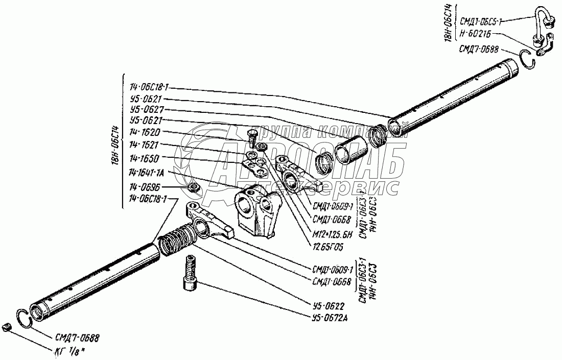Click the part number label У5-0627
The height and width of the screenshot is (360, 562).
[x=146, y=109]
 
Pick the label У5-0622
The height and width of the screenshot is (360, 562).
[x=327, y=307]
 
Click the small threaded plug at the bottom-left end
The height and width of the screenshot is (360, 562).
[x=6, y=327]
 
